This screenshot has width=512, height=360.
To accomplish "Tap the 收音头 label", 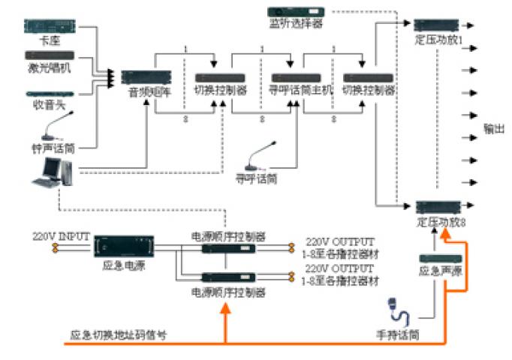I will pyautogui.click(x=51, y=106).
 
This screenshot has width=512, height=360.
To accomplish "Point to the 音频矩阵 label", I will pyautogui.click(x=145, y=94).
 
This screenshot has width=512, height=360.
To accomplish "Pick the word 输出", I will pyautogui.click(x=494, y=129).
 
